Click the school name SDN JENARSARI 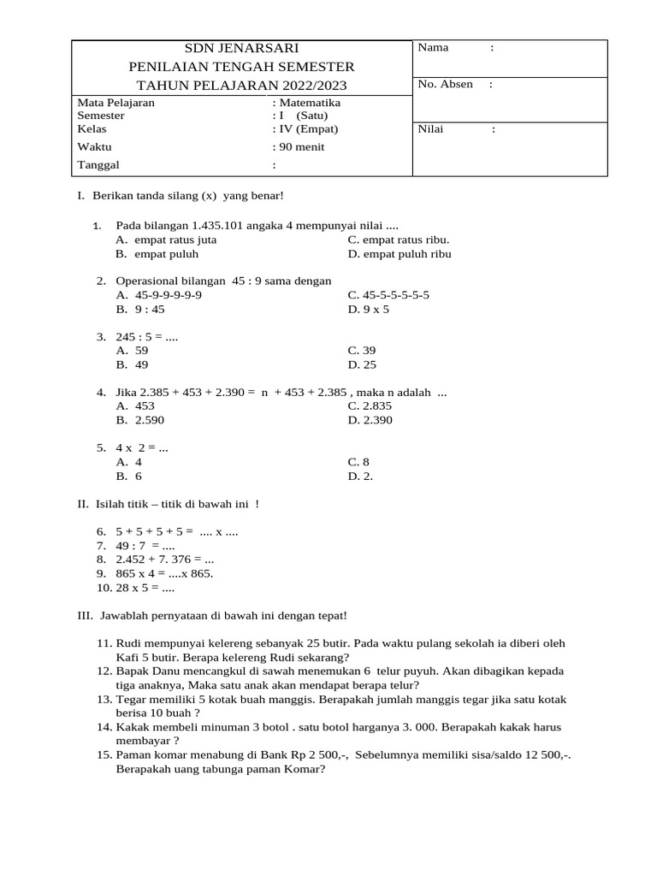[x=242, y=48]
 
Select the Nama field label [x=433, y=48]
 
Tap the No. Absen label [x=445, y=85]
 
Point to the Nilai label [x=432, y=130]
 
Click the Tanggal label [x=98, y=165]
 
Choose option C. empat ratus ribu [x=399, y=240]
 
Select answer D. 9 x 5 [x=369, y=310]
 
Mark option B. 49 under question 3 [x=132, y=364]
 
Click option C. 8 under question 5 [x=359, y=462]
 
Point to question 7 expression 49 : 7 [x=133, y=546]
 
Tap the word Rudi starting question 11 [x=128, y=643]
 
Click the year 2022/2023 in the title [x=309, y=85]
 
